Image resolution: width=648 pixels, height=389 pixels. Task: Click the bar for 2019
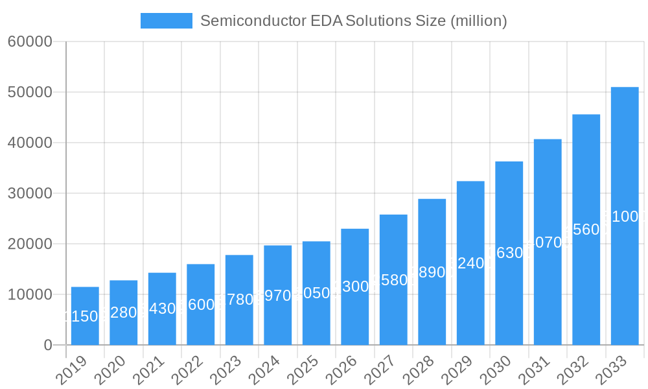(x=85, y=316)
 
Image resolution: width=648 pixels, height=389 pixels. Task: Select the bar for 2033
(x=625, y=216)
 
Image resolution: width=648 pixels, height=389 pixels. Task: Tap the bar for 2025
(x=316, y=293)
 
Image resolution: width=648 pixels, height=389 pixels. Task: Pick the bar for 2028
(x=432, y=272)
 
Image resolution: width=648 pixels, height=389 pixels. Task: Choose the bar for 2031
(x=548, y=242)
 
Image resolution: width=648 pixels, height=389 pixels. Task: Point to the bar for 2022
(x=201, y=304)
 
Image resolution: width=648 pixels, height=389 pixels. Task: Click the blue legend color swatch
(x=167, y=21)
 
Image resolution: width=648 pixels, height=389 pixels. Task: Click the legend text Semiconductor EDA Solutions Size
(x=353, y=21)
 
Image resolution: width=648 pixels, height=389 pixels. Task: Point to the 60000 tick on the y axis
(x=30, y=42)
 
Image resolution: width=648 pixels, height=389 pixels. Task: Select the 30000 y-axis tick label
(x=30, y=193)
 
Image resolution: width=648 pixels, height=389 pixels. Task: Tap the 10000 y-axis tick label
(x=30, y=294)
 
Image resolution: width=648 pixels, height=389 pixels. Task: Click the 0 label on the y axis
(x=48, y=345)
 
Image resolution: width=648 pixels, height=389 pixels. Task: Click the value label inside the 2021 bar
(x=162, y=309)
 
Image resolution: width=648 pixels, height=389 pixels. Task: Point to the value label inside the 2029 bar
(x=470, y=263)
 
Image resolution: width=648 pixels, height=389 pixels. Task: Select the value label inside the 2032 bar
(x=586, y=230)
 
